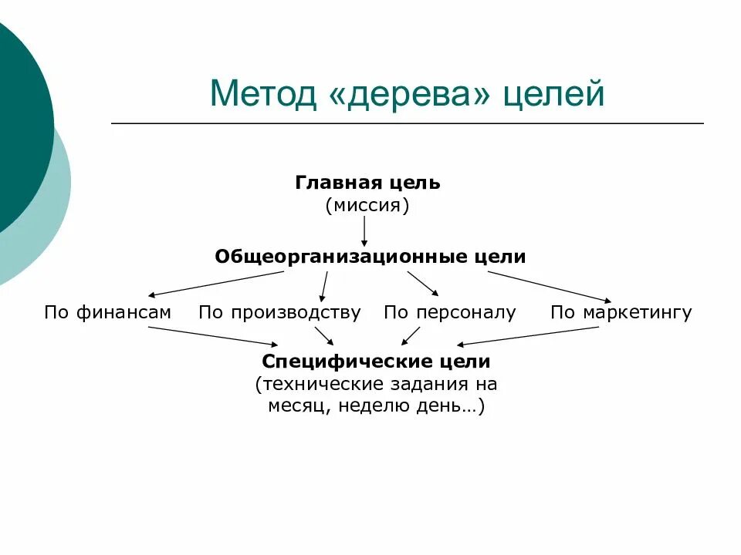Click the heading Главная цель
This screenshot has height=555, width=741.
(x=367, y=183)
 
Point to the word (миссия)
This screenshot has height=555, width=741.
(x=367, y=206)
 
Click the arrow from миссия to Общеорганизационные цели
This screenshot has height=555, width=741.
(x=364, y=231)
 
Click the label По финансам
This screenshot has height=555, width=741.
(x=107, y=313)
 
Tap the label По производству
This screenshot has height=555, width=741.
(x=279, y=313)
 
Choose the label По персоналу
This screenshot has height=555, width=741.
(x=450, y=313)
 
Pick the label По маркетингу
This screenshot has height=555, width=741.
(x=621, y=313)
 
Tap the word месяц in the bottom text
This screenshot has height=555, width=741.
(x=297, y=407)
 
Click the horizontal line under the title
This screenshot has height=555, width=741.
(x=408, y=123)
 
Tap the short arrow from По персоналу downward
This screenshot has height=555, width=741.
(x=411, y=335)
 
